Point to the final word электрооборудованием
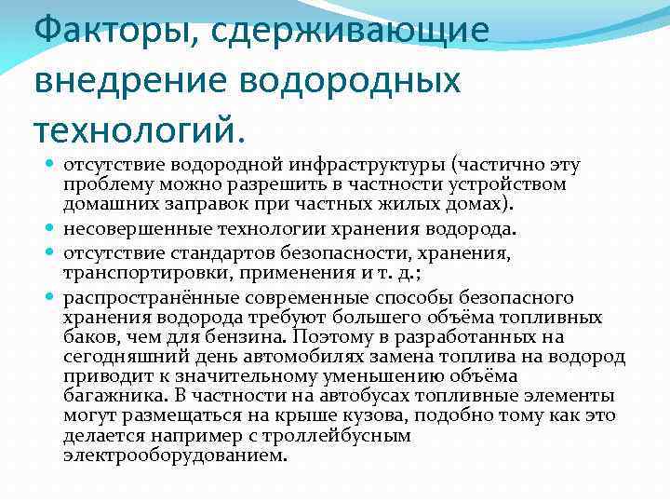click(x=176, y=455)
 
